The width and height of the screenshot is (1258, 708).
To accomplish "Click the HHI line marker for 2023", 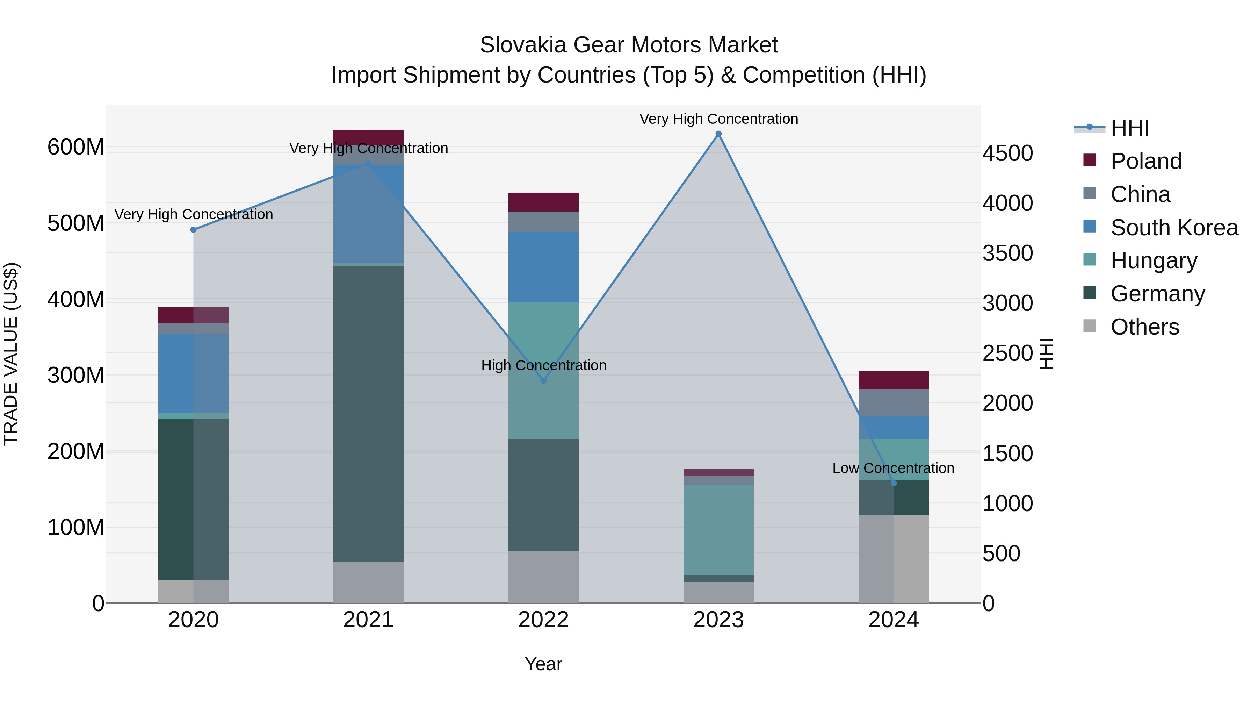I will (x=718, y=134).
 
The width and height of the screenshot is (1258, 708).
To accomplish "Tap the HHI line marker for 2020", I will (x=193, y=230).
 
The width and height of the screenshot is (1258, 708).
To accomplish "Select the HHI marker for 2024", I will (x=894, y=483).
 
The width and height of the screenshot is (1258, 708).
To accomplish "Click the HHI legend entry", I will (x=1129, y=128).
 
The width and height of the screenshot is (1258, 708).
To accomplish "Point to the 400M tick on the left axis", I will (x=76, y=300).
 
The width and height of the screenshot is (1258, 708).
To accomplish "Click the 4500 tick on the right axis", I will (x=1007, y=153).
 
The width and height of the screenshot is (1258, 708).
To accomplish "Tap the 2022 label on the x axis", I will (x=543, y=620).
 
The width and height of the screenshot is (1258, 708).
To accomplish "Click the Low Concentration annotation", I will (x=893, y=468).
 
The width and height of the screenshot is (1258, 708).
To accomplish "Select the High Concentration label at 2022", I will (x=543, y=365).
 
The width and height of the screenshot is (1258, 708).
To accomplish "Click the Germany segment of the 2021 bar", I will (x=368, y=413).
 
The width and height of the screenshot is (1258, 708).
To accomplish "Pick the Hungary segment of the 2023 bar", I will (x=718, y=530).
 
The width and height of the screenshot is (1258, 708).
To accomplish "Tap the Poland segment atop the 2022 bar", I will (x=543, y=202).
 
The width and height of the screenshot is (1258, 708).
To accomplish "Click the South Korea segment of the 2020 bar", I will (x=193, y=373).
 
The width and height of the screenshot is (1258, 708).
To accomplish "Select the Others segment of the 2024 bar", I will (x=893, y=559).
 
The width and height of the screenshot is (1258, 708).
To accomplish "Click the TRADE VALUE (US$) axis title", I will (x=11, y=354).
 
